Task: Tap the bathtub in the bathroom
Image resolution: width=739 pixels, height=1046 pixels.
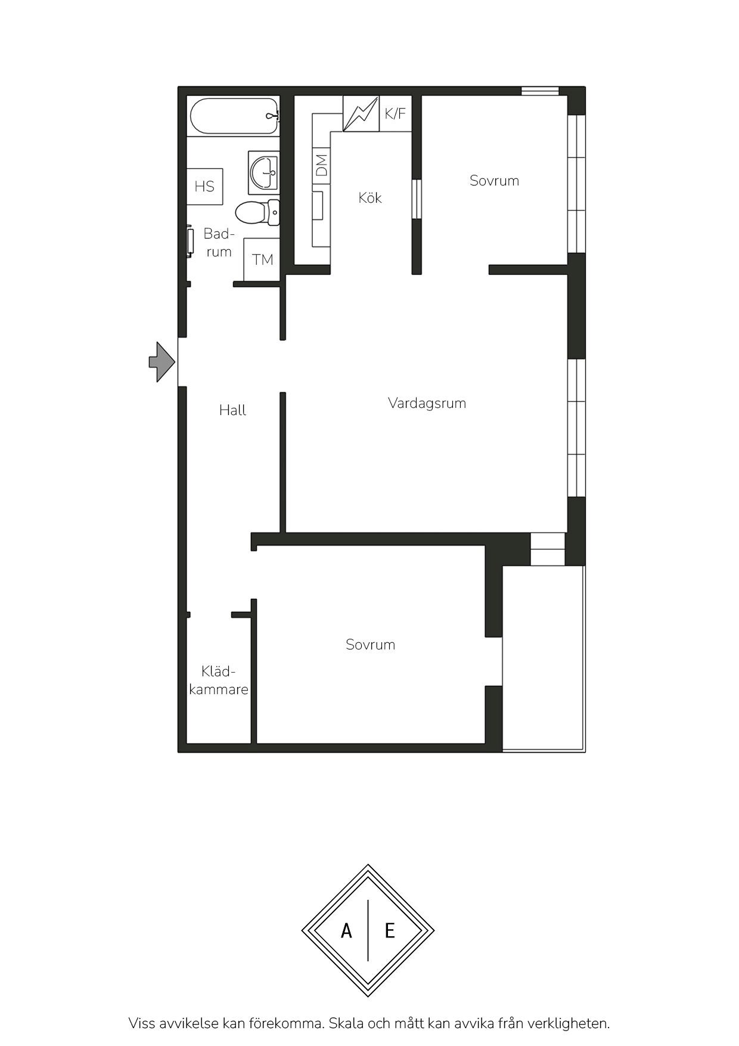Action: pyautogui.click(x=234, y=116)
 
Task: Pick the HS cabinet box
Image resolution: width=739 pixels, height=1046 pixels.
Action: pyautogui.click(x=204, y=186)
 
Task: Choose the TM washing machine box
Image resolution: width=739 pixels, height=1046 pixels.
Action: pyautogui.click(x=262, y=259)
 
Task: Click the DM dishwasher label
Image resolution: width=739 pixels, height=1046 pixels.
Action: pyautogui.click(x=322, y=165)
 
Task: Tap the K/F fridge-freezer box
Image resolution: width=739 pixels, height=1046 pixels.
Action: pyautogui.click(x=395, y=113)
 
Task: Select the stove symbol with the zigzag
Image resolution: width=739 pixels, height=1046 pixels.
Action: pyautogui.click(x=361, y=113)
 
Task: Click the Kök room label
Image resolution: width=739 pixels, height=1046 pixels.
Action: pyautogui.click(x=370, y=197)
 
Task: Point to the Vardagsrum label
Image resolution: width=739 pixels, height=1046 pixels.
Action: pyautogui.click(x=427, y=403)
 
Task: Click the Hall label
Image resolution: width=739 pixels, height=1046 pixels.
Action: pyautogui.click(x=232, y=410)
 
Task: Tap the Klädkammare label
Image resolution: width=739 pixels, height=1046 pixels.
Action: pyautogui.click(x=219, y=680)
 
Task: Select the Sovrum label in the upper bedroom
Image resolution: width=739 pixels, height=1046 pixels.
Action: pyautogui.click(x=494, y=181)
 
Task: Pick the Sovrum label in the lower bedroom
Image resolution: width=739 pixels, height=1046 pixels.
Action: pyautogui.click(x=370, y=645)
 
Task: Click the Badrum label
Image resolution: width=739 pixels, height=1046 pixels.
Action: pyautogui.click(x=219, y=243)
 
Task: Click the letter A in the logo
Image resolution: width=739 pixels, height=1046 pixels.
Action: pyautogui.click(x=346, y=930)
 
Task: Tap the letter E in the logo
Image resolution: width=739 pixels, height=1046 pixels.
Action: pyautogui.click(x=390, y=930)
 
